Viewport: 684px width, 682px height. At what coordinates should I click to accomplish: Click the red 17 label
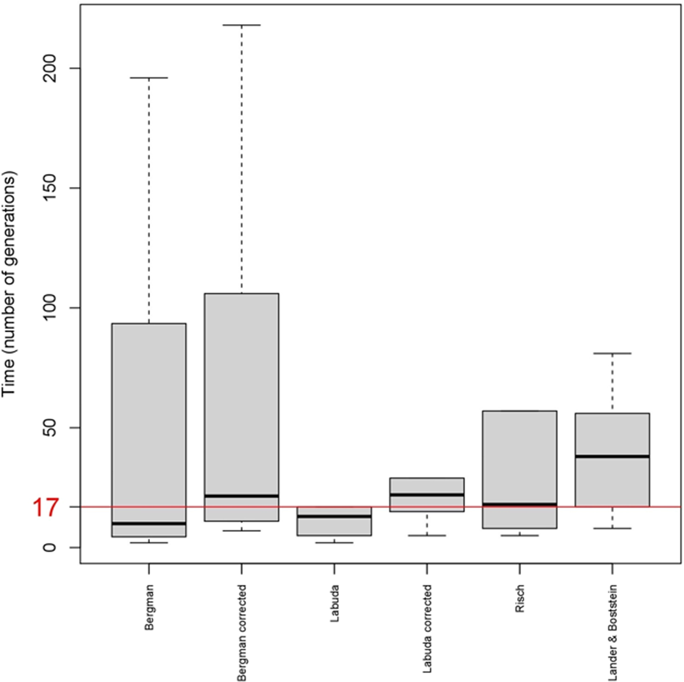click(45, 507)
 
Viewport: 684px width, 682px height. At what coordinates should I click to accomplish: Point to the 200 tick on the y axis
click(52, 68)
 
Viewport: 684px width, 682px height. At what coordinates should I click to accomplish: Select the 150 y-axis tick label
click(52, 188)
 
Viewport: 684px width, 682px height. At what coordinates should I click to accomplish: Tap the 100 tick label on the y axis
click(52, 308)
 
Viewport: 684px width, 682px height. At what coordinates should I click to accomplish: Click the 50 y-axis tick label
click(52, 428)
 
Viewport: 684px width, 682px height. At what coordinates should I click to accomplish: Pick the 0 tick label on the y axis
click(52, 547)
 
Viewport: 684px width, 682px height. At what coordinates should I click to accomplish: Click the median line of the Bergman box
click(149, 523)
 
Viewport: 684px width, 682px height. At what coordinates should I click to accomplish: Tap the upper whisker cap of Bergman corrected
click(242, 25)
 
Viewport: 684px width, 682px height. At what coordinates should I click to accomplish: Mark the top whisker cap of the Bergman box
click(149, 78)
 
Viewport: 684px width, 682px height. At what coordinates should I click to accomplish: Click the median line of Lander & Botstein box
click(612, 456)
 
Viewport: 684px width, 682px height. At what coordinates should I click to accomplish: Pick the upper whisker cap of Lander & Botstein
click(612, 353)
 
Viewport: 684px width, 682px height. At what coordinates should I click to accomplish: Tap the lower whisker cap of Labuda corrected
click(427, 535)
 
